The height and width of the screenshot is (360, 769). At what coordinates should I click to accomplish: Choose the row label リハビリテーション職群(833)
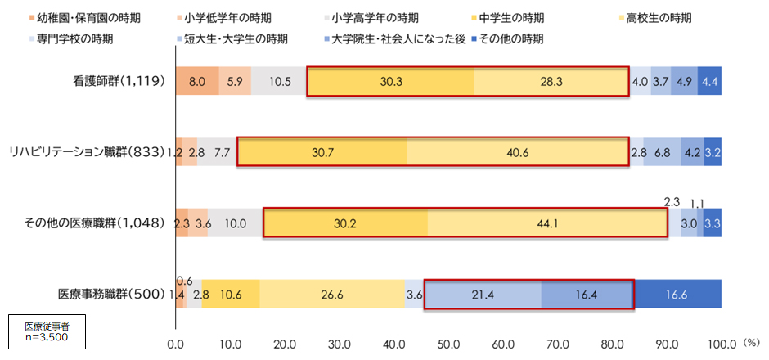click(88, 153)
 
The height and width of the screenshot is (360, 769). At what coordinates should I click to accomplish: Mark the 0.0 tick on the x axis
click(176, 344)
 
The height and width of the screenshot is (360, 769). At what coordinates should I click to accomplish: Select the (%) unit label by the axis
click(750, 344)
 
